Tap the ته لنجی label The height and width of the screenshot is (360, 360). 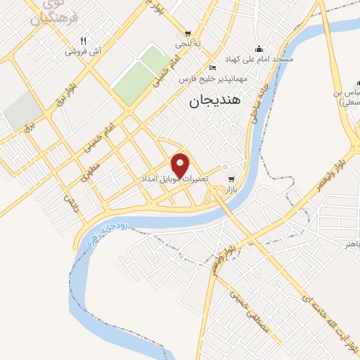click(188, 44)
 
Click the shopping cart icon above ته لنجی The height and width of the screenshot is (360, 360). click(188, 32)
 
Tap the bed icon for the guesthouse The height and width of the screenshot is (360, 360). click(213, 67)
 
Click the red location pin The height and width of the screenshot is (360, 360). click(181, 165)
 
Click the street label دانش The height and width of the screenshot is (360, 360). click(70, 203)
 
